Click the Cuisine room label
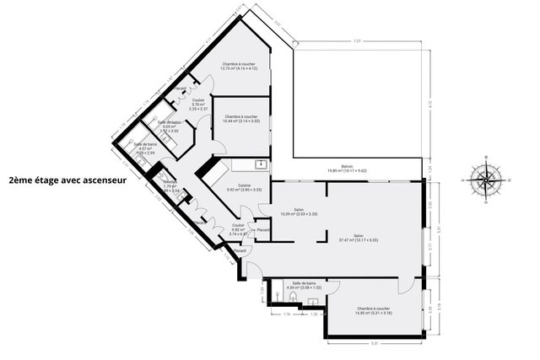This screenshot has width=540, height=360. click(x=244, y=188)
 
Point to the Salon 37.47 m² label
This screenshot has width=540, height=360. click(x=358, y=238)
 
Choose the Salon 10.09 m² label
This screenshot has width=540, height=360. click(x=299, y=212)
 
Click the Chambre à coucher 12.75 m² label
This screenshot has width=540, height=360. click(x=240, y=66)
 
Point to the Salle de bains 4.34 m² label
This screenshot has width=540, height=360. click(x=304, y=285)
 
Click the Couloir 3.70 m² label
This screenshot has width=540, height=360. click(x=197, y=105)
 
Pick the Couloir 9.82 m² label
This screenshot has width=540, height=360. click(x=238, y=230)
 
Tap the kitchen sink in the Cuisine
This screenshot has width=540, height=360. click(x=262, y=164)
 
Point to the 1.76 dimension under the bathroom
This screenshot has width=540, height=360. click(x=286, y=314)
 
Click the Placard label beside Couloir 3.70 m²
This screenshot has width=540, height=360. click(x=180, y=89)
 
